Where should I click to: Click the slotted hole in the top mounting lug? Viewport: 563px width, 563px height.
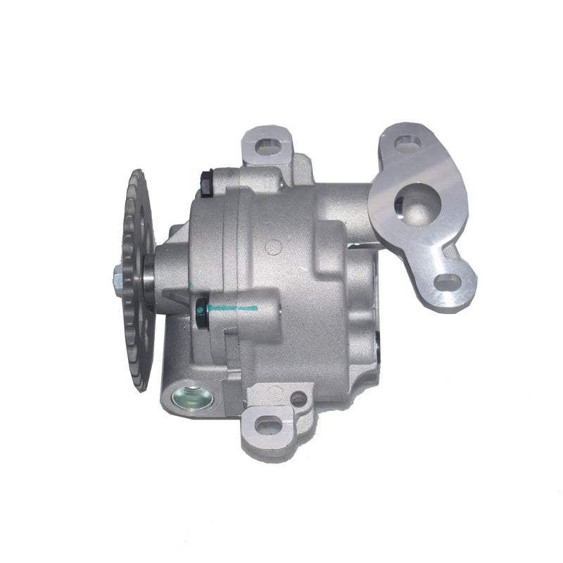click(265, 146)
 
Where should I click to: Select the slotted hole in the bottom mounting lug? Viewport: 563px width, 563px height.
click(265, 424)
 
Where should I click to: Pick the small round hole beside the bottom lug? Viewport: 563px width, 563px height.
click(298, 399)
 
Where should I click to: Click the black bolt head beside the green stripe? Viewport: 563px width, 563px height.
click(201, 307)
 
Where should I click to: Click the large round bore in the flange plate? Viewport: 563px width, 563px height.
click(419, 203)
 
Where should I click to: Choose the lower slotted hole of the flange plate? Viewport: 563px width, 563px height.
click(446, 282)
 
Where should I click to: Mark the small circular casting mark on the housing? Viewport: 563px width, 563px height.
click(275, 248)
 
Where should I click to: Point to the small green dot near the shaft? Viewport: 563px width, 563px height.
click(190, 284)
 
